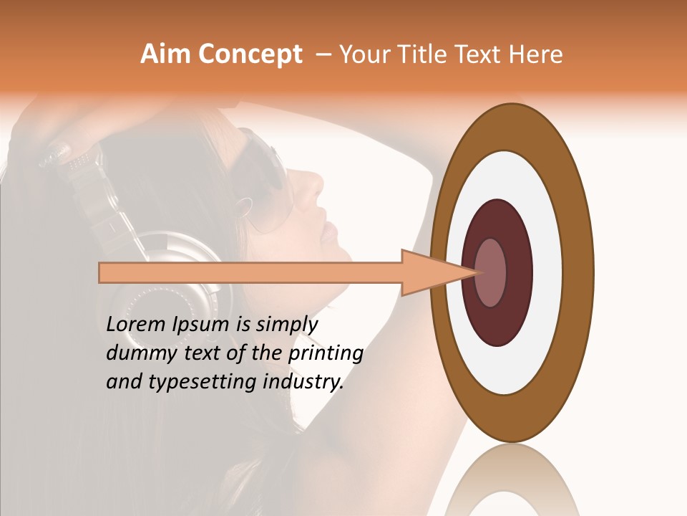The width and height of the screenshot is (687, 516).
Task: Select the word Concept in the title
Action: point(250,55)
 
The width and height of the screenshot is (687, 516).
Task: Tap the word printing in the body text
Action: point(326,353)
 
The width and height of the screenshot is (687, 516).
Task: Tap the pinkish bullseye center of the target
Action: point(491,272)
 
